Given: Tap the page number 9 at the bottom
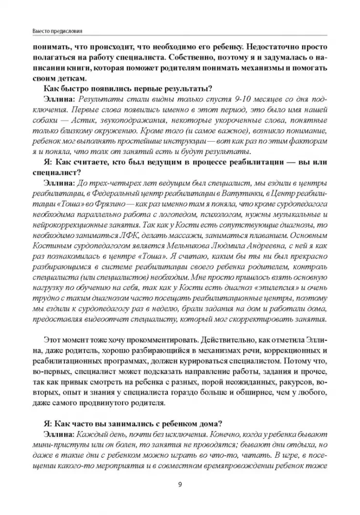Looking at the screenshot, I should tap(180, 485).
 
